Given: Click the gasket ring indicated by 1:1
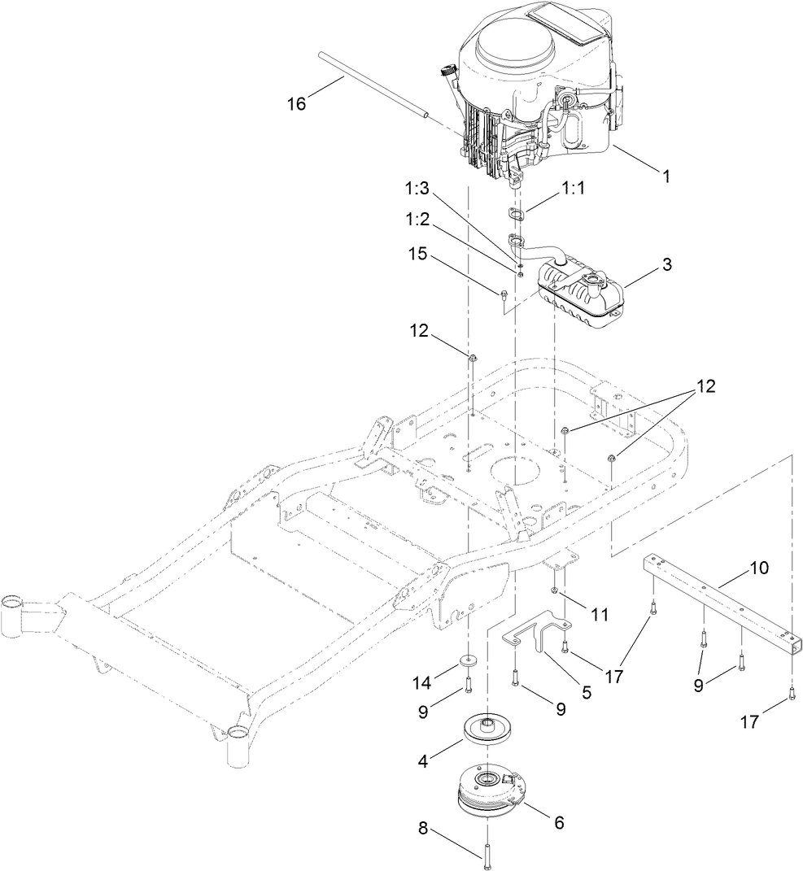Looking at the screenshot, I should coord(513,213).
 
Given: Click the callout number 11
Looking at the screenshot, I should coord(600,616).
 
